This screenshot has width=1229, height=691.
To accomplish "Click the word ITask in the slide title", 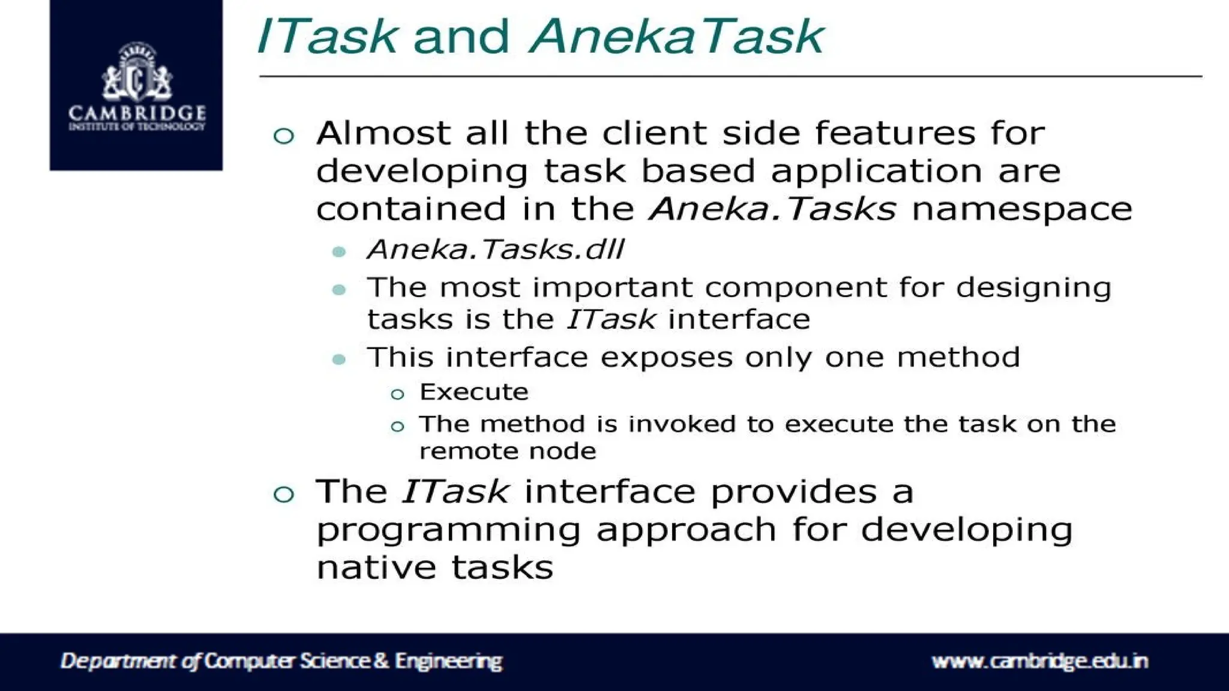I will (x=327, y=37).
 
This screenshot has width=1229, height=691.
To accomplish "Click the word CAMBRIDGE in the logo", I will (x=137, y=113).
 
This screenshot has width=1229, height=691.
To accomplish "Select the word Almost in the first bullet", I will (x=383, y=133).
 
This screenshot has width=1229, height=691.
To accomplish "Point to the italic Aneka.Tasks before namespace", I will (x=773, y=209).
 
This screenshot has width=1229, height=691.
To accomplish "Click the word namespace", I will (x=1021, y=209).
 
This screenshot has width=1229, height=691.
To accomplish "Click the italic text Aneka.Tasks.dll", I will (x=496, y=250).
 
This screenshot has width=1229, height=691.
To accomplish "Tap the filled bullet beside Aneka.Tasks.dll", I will (x=339, y=251).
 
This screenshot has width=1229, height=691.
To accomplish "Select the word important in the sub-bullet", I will (x=612, y=287).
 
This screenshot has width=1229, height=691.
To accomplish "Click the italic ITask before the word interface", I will (x=611, y=319).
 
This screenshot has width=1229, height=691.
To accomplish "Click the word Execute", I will (x=474, y=392).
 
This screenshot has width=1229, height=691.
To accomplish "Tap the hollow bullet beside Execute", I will (x=397, y=394).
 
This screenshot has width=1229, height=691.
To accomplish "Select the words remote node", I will (x=508, y=451).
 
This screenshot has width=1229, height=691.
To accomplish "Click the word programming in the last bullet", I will (x=448, y=530).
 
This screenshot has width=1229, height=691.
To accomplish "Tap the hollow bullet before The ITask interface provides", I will (x=284, y=494).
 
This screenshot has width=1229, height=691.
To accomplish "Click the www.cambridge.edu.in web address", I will (x=1039, y=661).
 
